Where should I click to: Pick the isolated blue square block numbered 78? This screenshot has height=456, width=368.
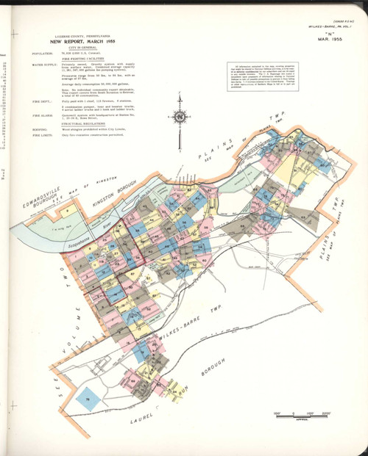point(88,397)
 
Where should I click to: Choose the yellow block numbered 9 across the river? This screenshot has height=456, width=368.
point(67,211)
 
